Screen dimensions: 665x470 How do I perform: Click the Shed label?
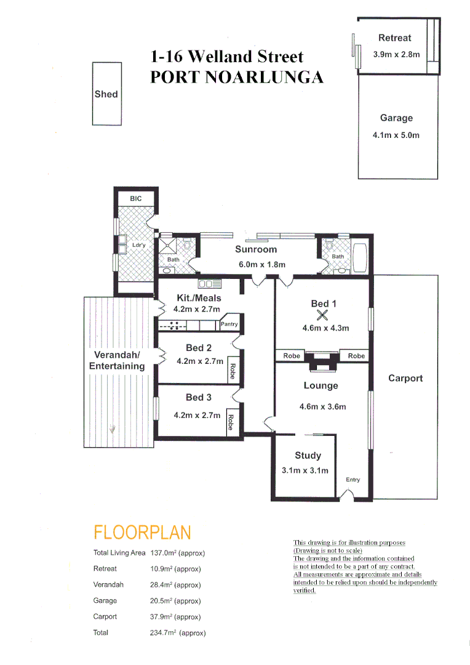[x=106, y=94]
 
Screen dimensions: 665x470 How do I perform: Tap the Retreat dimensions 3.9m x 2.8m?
[x=396, y=54]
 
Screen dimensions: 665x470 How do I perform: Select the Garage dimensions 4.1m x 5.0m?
[x=396, y=135]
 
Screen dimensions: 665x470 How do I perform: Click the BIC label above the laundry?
[x=135, y=199]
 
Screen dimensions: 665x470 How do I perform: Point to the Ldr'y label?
[x=139, y=245]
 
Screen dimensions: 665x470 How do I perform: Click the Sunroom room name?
[x=256, y=249]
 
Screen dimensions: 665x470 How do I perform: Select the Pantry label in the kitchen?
[x=229, y=324]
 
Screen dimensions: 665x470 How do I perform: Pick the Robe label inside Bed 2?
[x=232, y=371]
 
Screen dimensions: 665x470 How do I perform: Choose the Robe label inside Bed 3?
[x=231, y=422]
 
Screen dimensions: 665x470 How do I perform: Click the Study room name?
[x=308, y=456]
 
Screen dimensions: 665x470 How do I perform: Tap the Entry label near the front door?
[x=352, y=480]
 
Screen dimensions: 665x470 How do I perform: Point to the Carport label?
[x=405, y=378]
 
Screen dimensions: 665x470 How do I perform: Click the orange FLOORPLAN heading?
[x=142, y=533]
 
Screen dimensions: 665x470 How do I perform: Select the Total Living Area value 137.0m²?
[x=177, y=553]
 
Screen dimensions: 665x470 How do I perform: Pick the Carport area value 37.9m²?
[x=175, y=617]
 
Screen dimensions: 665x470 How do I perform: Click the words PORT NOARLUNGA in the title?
[x=237, y=78]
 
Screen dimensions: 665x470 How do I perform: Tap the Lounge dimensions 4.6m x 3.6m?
[x=323, y=406]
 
